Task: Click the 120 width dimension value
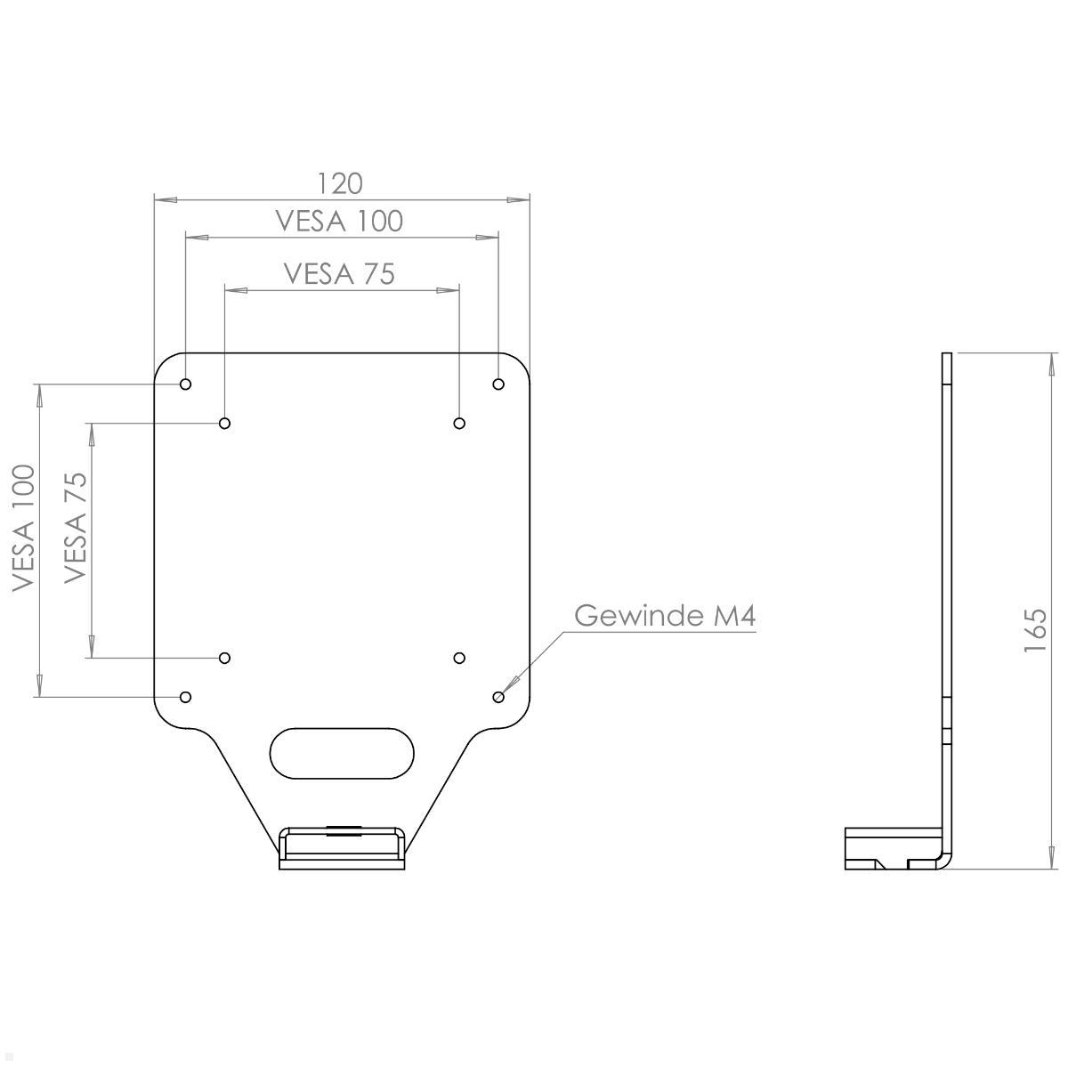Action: [341, 183]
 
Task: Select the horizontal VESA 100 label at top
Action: [339, 221]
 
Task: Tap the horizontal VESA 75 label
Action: [339, 272]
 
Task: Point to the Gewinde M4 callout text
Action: [665, 616]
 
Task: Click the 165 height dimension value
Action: [1034, 630]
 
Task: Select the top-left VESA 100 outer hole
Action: [186, 384]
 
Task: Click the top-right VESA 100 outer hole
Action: [498, 384]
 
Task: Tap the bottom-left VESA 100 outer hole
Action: [186, 696]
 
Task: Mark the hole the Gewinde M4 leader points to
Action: [498, 696]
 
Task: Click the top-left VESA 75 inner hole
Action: [225, 423]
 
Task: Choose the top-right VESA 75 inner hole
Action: [459, 423]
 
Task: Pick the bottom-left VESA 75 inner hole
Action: [225, 658]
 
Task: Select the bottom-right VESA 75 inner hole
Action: [459, 658]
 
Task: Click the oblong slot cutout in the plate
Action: [342, 753]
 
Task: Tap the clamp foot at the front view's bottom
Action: [343, 849]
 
